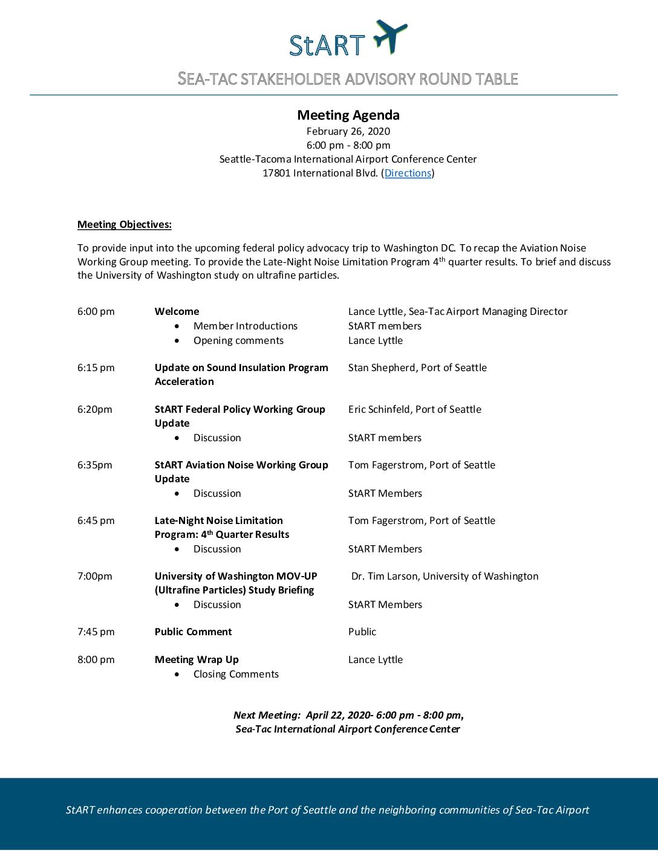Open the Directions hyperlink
click(408, 173)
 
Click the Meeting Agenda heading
click(348, 115)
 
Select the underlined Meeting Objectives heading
click(125, 225)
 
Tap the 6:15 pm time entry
click(96, 368)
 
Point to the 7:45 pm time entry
click(96, 632)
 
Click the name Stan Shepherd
click(378, 368)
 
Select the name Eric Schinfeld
click(380, 410)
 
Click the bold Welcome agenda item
click(177, 312)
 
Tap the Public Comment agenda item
click(193, 632)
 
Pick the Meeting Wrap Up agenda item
click(197, 660)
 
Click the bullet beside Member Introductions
click(177, 326)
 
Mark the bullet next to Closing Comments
click(177, 675)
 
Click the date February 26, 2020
click(348, 132)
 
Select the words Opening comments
click(238, 341)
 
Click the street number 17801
click(276, 173)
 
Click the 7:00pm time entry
click(94, 577)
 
